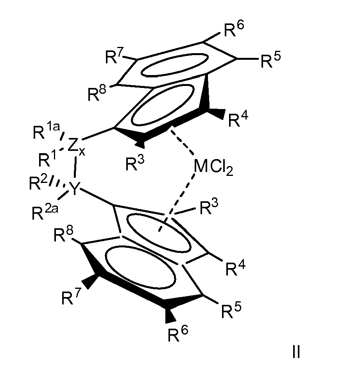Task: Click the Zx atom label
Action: pos(76,147)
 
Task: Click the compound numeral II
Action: pos(296,352)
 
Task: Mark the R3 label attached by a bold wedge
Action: pos(135,163)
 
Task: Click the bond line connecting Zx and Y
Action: pos(75,167)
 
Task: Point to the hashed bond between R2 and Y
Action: pos(57,182)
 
